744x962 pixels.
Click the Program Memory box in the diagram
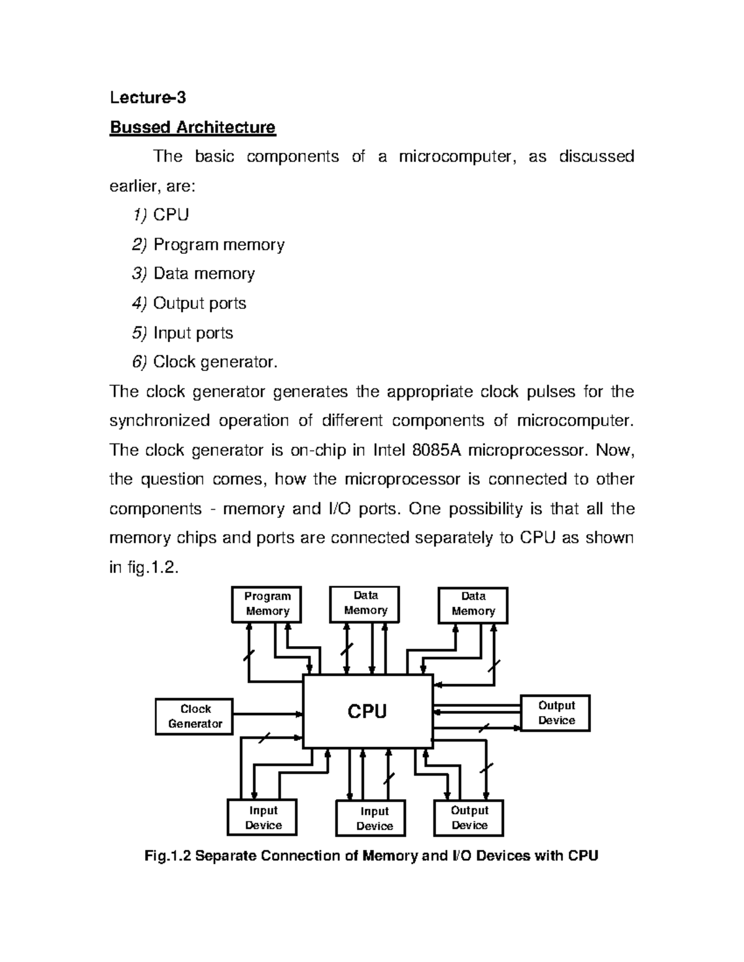[267, 604]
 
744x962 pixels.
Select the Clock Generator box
[194, 717]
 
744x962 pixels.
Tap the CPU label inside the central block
[367, 711]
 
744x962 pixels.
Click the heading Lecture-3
[148, 98]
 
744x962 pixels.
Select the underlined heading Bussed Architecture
[192, 128]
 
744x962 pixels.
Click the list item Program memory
[219, 245]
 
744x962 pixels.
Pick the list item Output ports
[200, 304]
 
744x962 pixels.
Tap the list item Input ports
[193, 333]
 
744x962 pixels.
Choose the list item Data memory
[204, 274]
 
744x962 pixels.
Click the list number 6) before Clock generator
[140, 362]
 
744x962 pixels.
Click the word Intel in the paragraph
[388, 450]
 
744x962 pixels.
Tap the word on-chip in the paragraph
[318, 450]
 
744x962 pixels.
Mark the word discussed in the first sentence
[596, 157]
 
